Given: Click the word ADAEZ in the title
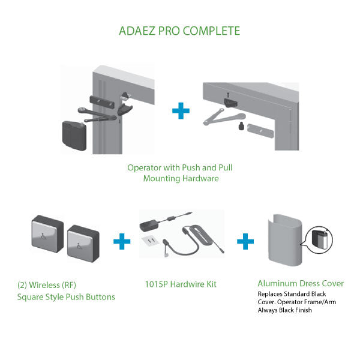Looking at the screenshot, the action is (x=137, y=31).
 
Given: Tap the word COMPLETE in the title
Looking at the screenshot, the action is (x=211, y=31).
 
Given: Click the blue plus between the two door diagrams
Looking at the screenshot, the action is (x=181, y=110).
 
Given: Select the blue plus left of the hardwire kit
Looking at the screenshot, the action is (x=122, y=241).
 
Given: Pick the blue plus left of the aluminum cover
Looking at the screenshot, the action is (x=245, y=241).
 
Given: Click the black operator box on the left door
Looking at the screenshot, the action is (x=74, y=136).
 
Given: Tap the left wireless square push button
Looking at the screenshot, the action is (x=47, y=233).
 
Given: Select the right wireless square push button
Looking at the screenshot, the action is (x=83, y=244).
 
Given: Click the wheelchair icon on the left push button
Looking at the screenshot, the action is (x=43, y=236).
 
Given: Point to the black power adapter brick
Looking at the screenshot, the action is (x=149, y=224).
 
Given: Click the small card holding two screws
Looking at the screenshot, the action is (x=151, y=241).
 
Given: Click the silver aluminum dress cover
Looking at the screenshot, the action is (x=285, y=240).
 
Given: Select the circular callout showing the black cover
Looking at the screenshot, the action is (x=319, y=240).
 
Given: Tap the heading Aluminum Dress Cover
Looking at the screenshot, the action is (x=301, y=283).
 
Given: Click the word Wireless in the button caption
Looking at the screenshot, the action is (x=44, y=285).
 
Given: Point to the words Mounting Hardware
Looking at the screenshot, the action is (x=181, y=178).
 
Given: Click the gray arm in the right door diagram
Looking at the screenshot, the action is (x=224, y=117).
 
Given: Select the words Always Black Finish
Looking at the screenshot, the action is (x=284, y=310).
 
